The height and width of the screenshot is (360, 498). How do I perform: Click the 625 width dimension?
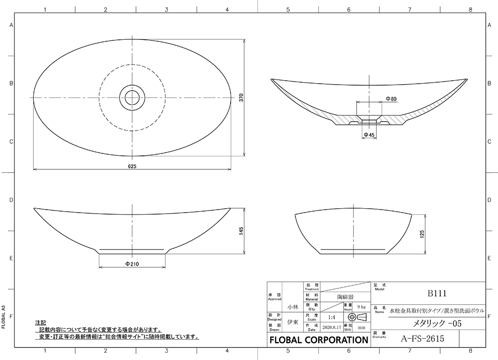click(132, 166)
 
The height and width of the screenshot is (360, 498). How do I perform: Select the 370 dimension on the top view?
click(240, 98)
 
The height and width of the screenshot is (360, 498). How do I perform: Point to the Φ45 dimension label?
click(369, 135)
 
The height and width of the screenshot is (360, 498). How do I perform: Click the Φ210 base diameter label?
click(132, 263)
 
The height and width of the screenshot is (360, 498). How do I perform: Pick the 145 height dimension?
click(240, 232)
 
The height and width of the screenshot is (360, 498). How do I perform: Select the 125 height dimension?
click(422, 234)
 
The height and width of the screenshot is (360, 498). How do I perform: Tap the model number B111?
click(434, 293)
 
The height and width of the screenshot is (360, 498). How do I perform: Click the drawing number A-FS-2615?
click(422, 339)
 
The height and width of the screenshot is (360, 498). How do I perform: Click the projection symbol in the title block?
click(358, 317)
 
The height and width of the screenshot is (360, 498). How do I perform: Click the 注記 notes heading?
click(40, 323)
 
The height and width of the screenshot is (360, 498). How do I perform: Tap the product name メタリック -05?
click(428, 324)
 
